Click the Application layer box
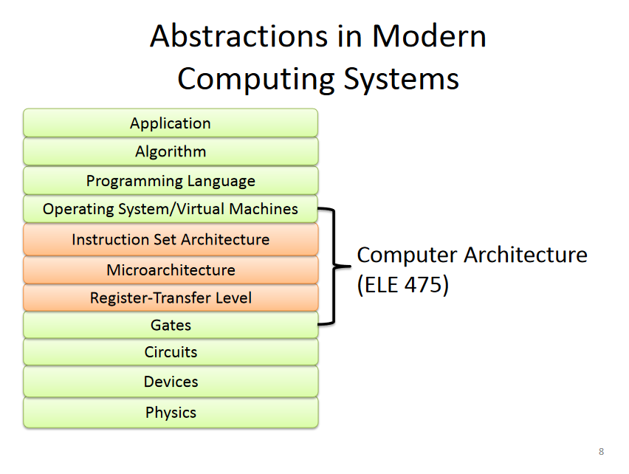(x=171, y=123)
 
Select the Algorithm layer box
(x=171, y=152)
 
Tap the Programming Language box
(x=171, y=181)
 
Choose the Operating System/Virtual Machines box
(x=171, y=209)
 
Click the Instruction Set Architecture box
(x=171, y=240)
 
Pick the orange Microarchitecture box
(x=171, y=269)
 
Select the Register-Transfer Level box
(x=171, y=298)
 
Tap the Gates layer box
(x=171, y=325)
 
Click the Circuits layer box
(x=171, y=352)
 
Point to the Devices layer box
(x=171, y=382)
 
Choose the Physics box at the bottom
(x=171, y=412)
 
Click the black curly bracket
(x=333, y=266)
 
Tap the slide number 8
(x=601, y=451)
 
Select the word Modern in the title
(x=430, y=36)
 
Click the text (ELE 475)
(x=403, y=285)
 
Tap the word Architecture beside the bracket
(x=526, y=255)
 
